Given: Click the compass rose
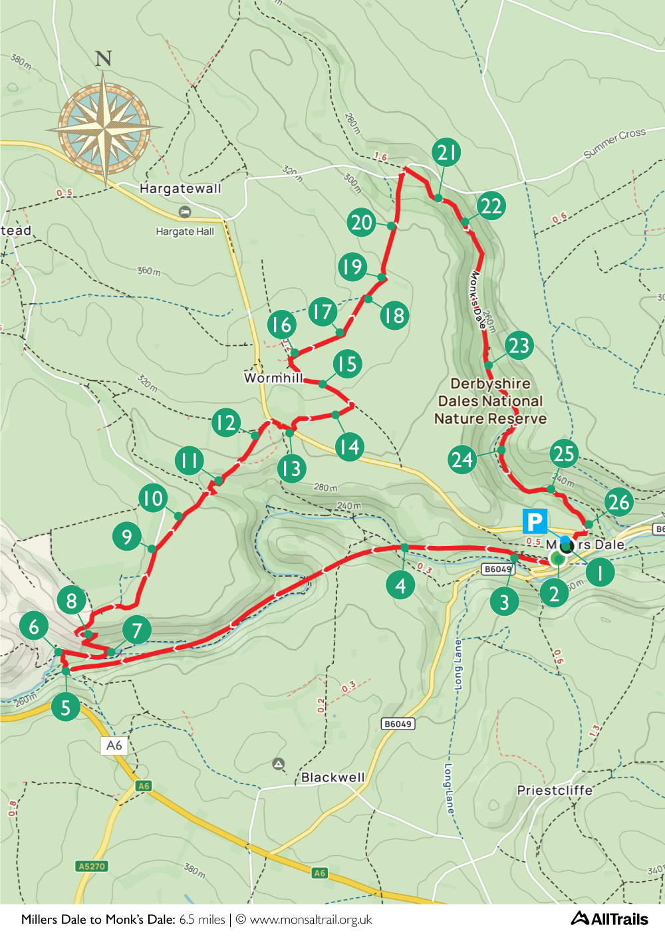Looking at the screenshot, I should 104,126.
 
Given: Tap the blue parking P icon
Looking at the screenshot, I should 535,521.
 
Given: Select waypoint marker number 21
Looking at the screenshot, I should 446,152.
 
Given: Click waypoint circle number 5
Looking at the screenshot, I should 65,707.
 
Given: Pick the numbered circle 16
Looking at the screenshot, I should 281,324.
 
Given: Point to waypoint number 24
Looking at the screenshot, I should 462,460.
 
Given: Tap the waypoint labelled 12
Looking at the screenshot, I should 225,422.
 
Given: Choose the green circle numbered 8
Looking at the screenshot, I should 71,601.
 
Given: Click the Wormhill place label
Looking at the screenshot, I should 273,378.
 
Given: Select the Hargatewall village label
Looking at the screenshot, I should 180,188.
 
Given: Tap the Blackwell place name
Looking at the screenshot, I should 332,777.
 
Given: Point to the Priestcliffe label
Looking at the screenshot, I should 555,790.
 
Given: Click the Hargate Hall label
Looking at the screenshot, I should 185,231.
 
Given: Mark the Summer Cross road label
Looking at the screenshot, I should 614,142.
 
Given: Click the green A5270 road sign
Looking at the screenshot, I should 92,866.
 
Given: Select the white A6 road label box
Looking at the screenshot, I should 114,745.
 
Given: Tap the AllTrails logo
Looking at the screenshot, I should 609,918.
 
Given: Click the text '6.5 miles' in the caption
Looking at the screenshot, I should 202,920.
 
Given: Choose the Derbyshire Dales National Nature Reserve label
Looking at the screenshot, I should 490,401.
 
